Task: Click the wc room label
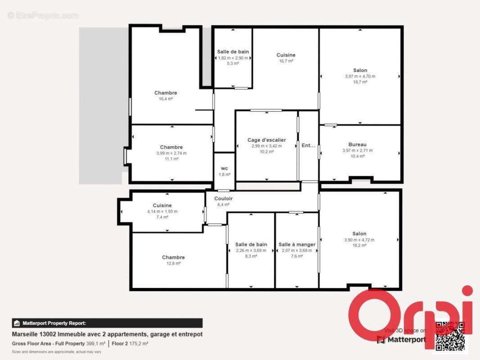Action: click(x=224, y=168)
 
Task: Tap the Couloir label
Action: click(x=223, y=198)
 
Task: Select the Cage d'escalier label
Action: click(x=267, y=140)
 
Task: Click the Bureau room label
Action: click(x=357, y=144)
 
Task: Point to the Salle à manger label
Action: click(x=297, y=244)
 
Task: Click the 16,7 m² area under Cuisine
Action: click(x=286, y=61)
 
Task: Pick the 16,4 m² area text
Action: click(x=166, y=99)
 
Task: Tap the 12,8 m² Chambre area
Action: click(x=173, y=263)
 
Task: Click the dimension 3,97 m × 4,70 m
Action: click(x=360, y=76)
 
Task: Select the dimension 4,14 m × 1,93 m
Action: click(x=162, y=211)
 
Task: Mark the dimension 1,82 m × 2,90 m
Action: click(x=233, y=58)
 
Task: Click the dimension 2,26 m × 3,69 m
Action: click(x=251, y=250)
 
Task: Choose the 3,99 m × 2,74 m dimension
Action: click(x=171, y=153)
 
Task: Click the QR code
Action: click(x=450, y=336)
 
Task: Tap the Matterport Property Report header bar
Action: click(x=107, y=323)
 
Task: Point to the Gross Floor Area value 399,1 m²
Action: click(x=92, y=343)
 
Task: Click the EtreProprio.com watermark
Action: click(x=43, y=15)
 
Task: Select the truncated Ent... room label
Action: click(x=308, y=145)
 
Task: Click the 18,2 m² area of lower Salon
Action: click(x=359, y=245)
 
